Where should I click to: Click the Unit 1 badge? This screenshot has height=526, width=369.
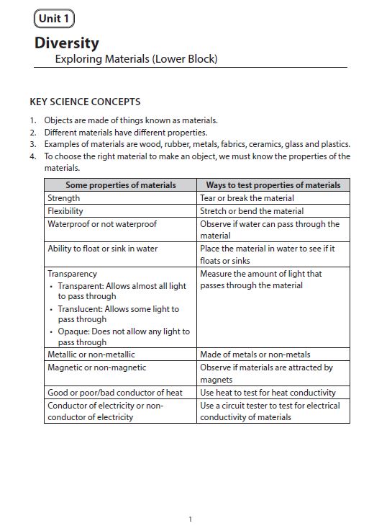coord(53,19)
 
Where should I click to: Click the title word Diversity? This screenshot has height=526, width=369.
coord(67,43)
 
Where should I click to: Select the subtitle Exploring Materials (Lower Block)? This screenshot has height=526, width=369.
coord(136,59)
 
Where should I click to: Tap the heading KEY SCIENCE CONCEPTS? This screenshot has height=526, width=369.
coord(85,102)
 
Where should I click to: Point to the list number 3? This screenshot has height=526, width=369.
coord(32,144)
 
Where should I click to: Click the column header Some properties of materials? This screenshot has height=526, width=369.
coord(120,185)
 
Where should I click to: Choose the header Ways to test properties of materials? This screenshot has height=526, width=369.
coord(273,185)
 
